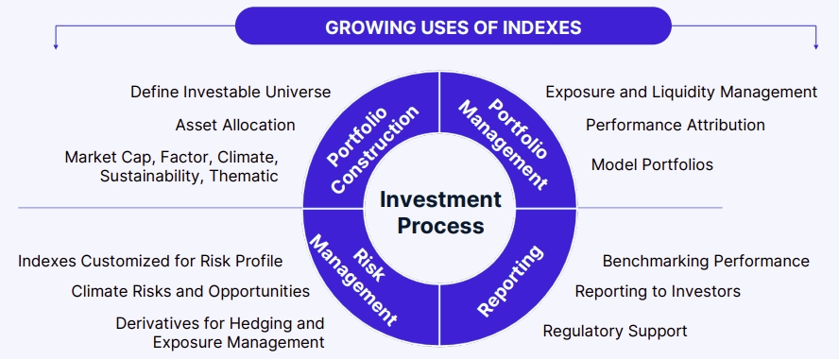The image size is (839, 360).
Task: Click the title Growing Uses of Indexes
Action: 454,27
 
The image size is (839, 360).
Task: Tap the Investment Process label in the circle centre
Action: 440,213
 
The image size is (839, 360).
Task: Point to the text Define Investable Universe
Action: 231,92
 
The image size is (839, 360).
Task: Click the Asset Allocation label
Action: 235,125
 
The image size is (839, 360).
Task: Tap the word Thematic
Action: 244,176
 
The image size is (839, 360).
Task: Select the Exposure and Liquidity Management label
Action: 682,92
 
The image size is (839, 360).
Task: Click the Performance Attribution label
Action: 676,125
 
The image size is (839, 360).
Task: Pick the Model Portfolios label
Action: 652,164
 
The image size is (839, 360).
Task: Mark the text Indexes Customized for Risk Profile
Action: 150,261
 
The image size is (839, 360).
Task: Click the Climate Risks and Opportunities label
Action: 191,292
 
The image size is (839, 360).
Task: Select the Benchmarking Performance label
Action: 707,261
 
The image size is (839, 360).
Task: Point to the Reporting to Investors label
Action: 659,292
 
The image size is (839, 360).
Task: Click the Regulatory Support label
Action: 615,331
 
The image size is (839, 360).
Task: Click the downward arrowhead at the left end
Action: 55,47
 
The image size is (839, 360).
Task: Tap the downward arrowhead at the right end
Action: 816,47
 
